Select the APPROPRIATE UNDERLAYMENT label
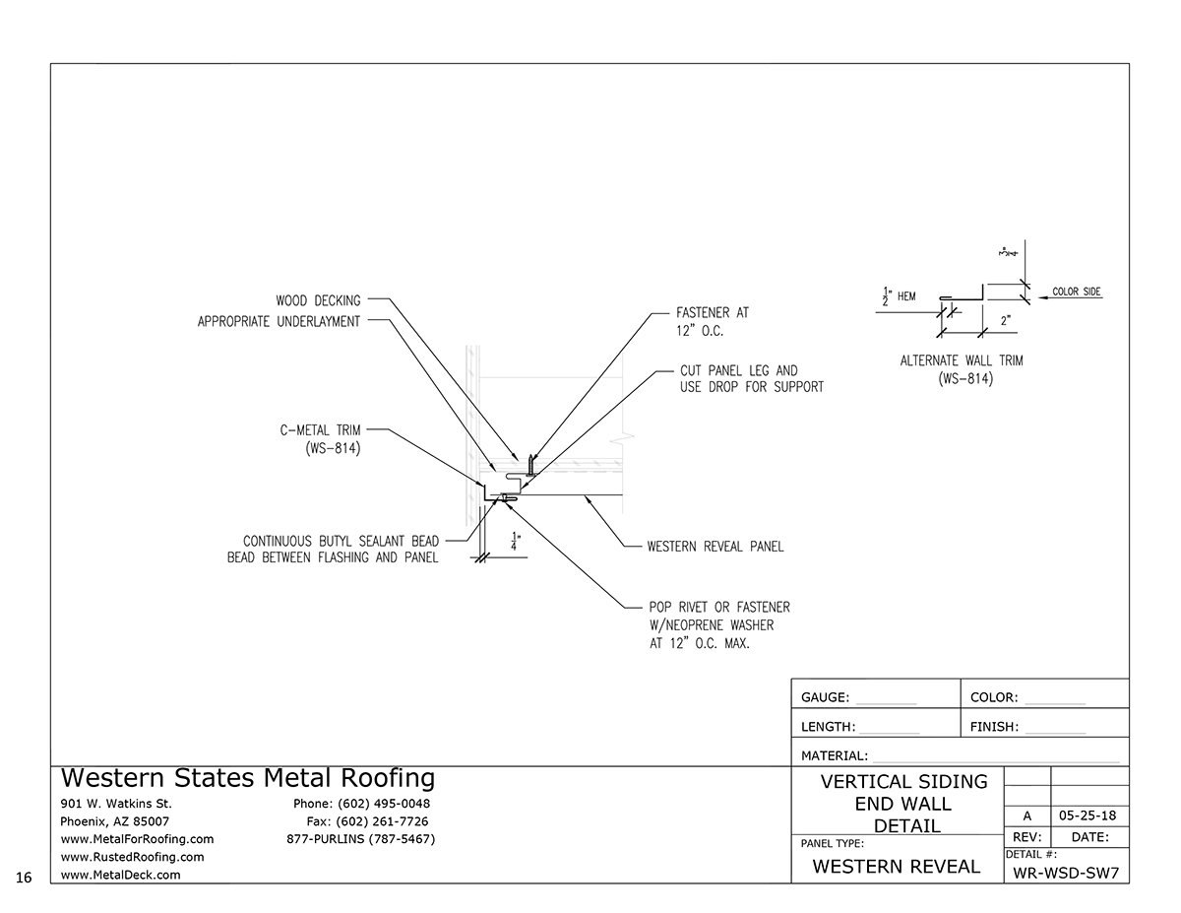(x=279, y=322)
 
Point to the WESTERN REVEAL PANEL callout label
(x=715, y=547)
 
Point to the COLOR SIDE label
(x=1076, y=293)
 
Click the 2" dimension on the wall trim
(x=1005, y=320)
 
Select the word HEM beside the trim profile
(x=907, y=294)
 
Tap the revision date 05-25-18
(x=1089, y=815)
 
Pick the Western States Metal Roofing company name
(x=247, y=779)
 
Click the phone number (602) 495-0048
(x=361, y=804)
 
